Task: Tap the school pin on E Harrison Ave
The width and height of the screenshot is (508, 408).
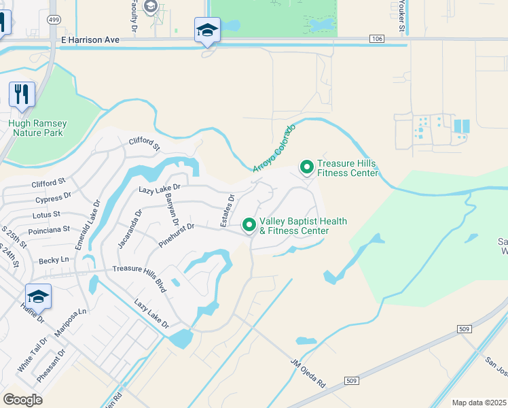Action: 207,30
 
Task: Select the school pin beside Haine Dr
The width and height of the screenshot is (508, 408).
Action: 38,296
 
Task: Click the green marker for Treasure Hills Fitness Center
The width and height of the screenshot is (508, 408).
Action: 306,166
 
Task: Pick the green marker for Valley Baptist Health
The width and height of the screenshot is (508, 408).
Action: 249,224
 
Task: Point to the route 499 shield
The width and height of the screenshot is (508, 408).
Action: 53,20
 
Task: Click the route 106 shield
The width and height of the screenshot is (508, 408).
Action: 377,39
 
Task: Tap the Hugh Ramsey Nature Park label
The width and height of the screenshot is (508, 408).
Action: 37,128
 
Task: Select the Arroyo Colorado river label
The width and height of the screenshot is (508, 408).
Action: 274,148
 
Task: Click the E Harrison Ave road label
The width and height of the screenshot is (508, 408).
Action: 90,40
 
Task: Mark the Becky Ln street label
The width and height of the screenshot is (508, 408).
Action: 54,260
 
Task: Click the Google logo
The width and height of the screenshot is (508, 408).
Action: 22,399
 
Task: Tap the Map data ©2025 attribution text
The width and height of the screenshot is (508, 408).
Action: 478,403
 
